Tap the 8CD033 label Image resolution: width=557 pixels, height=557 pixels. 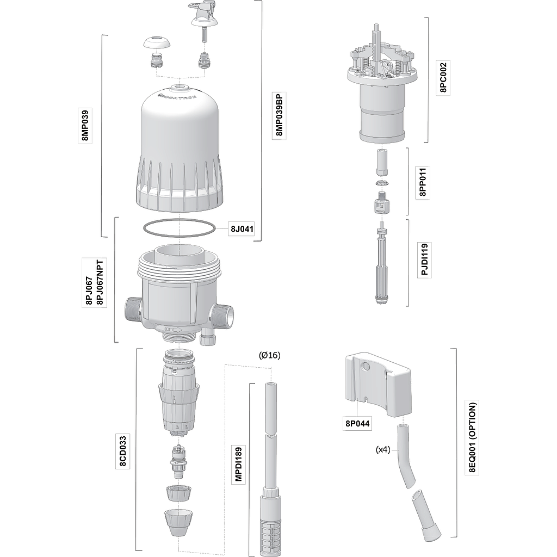(123, 451)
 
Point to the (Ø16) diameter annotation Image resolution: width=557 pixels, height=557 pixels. (270, 355)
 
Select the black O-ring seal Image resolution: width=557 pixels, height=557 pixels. (180, 228)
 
